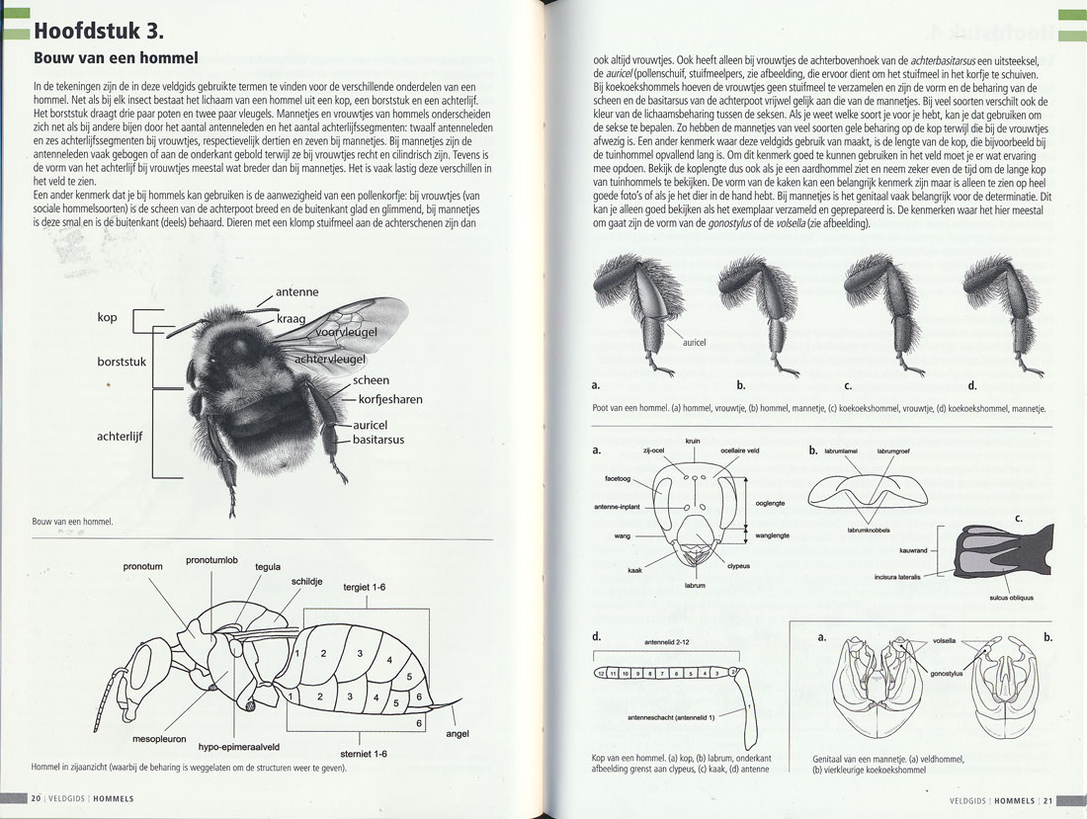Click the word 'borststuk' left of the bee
coord(122,363)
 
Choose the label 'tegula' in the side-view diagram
coord(268,567)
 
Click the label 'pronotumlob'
coord(212,560)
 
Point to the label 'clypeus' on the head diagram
coord(740,566)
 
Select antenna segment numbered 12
coord(600,673)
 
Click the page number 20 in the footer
coord(36,798)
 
